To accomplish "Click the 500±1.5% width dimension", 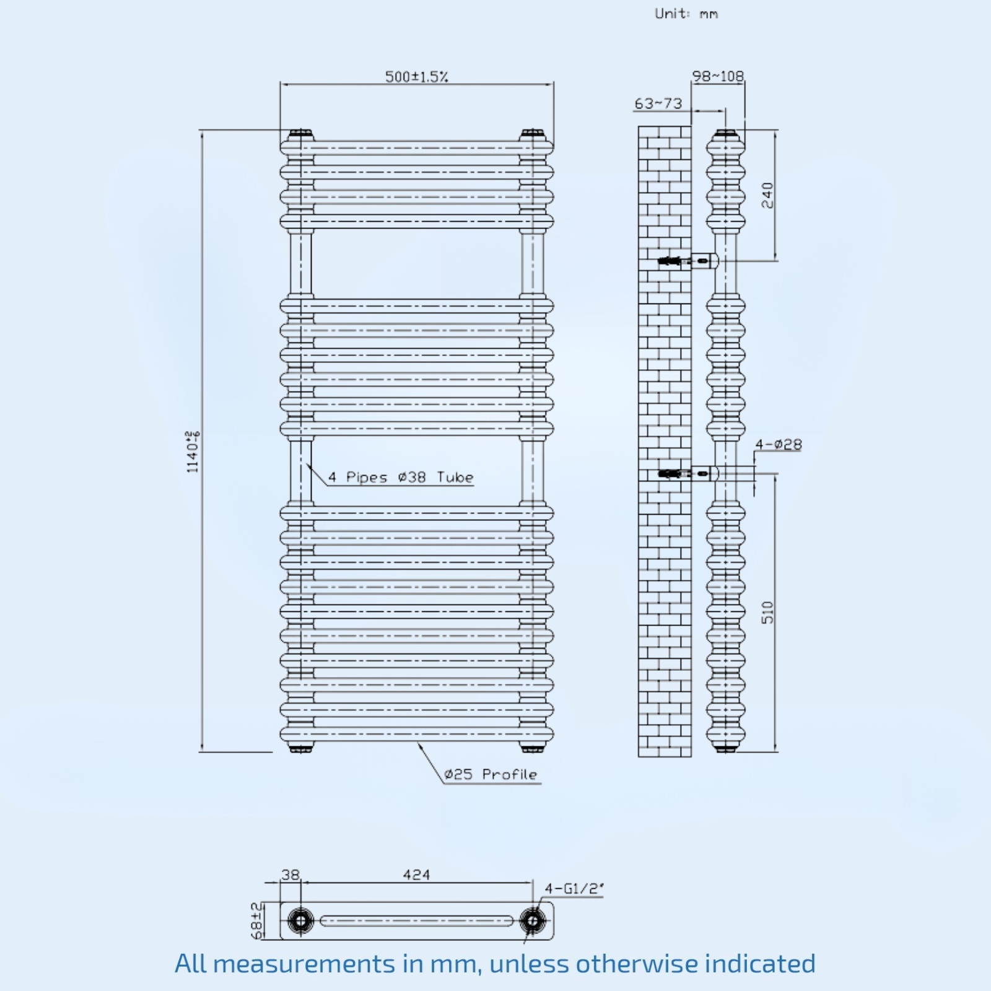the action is (416, 77).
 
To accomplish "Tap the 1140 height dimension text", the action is (193, 452).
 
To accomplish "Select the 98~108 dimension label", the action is (718, 76).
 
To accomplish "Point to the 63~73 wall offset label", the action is (658, 103).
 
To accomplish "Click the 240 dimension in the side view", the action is (767, 195).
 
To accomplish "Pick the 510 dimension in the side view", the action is (767, 612).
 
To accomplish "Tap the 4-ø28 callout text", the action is (779, 444).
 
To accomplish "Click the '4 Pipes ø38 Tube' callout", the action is (401, 477).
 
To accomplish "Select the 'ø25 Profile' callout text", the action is (491, 774).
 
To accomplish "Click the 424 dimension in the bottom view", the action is (416, 875).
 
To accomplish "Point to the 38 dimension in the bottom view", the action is (290, 875).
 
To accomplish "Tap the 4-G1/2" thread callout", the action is (574, 888).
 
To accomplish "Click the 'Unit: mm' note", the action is (686, 14).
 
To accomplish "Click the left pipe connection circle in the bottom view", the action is (300, 920).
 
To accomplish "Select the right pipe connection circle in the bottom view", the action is (532, 920).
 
